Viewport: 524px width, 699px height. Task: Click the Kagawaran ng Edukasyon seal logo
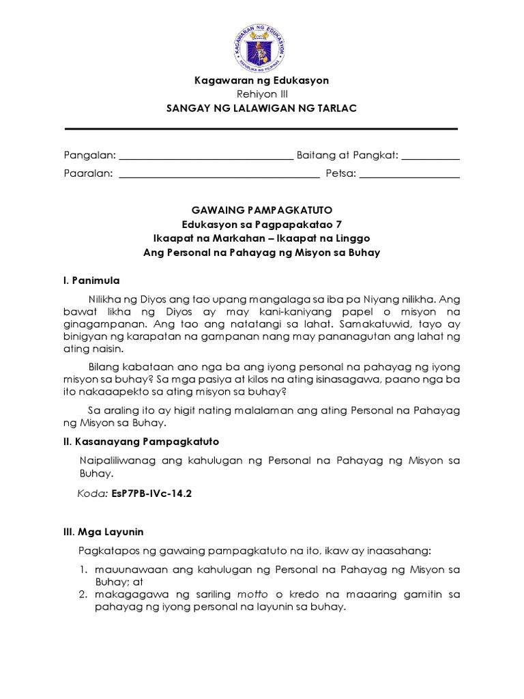click(x=261, y=42)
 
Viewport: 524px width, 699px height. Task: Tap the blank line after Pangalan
click(x=206, y=157)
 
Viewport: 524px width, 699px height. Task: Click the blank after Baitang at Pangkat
click(x=431, y=157)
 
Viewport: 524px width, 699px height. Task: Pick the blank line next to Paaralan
click(x=219, y=175)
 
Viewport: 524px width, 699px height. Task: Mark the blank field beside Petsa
click(x=409, y=175)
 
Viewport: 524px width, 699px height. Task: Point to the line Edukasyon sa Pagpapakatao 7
click(x=261, y=225)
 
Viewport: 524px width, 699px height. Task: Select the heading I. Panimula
click(x=92, y=280)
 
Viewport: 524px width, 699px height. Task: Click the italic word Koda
click(x=93, y=494)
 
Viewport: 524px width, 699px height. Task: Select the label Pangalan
click(x=89, y=156)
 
